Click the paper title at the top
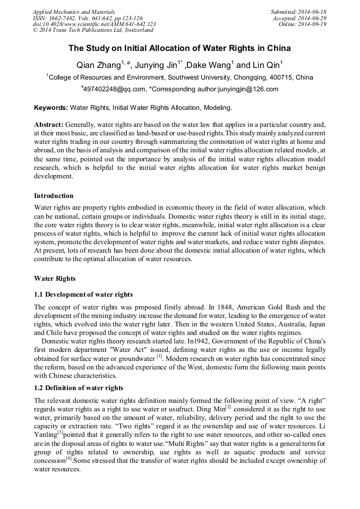tap(179, 48)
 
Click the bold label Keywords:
tap(50, 108)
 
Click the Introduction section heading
tap(54, 196)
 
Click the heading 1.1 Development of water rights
tap(83, 295)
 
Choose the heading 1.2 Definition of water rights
tap(79, 388)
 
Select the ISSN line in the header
tap(88, 18)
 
